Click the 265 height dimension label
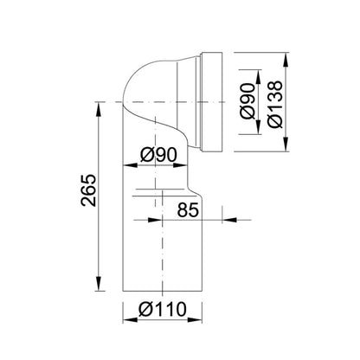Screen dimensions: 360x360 (88, 190)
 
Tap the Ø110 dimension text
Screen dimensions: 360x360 (163, 309)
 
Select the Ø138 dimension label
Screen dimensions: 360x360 (274, 104)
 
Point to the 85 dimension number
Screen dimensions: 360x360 (188, 209)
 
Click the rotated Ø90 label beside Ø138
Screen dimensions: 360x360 (248, 101)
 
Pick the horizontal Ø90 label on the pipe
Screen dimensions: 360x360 (158, 155)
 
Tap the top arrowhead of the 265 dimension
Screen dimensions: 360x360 (99, 110)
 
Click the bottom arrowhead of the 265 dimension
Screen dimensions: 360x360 (99, 284)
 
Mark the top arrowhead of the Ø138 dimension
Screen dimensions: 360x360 (286, 60)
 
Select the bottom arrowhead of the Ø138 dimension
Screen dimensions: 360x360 (286, 144)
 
